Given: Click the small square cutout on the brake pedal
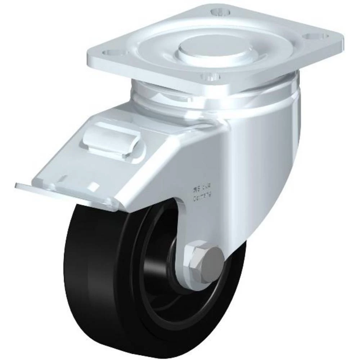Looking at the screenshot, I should click(x=94, y=186).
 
